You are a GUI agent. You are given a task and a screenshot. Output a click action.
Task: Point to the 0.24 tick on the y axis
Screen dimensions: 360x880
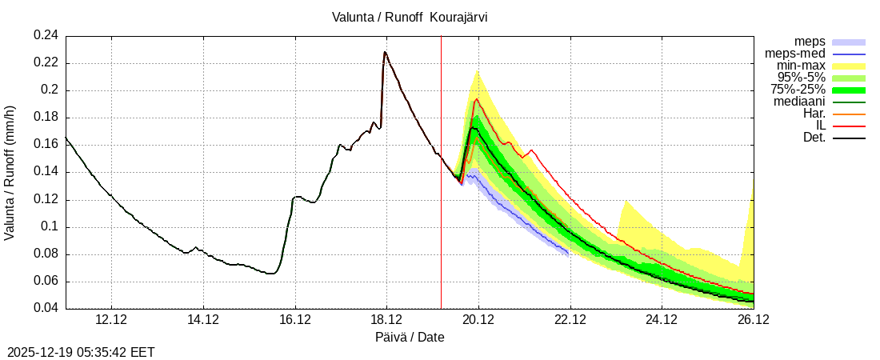click(x=46, y=35)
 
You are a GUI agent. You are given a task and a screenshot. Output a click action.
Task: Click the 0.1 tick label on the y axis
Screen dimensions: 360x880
click(x=50, y=226)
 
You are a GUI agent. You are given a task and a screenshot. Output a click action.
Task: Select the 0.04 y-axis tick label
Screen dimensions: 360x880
click(x=46, y=309)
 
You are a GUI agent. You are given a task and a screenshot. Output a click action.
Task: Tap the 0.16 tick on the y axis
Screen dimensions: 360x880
click(x=46, y=145)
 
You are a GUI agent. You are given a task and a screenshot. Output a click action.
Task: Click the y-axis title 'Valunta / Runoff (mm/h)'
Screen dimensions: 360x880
click(x=10, y=172)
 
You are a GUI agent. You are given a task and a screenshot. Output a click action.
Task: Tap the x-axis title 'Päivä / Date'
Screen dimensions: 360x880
click(x=410, y=337)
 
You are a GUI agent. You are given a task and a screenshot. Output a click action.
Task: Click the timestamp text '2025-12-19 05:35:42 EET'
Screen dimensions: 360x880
click(x=81, y=352)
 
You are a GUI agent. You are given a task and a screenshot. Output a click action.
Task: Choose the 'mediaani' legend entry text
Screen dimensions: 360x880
click(x=799, y=102)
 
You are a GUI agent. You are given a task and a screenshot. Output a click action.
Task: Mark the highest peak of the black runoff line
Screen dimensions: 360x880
click(x=385, y=52)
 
